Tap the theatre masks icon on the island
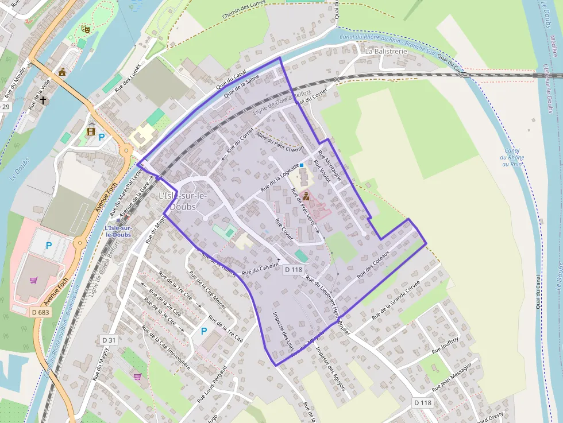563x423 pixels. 86,29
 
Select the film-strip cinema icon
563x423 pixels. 91,131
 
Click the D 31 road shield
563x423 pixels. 109,340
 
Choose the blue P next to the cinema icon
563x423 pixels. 102,137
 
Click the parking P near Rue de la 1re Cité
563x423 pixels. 203,331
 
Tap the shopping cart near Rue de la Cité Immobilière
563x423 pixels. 137,377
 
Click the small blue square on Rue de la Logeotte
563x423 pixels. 302,165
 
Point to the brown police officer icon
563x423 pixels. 306,196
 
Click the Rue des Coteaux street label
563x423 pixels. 373,265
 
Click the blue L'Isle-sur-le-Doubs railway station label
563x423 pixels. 118,231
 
